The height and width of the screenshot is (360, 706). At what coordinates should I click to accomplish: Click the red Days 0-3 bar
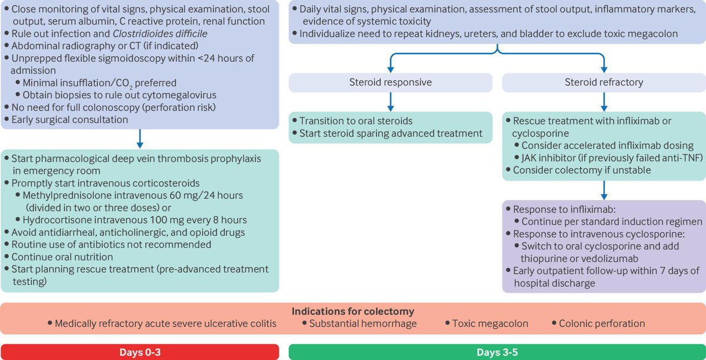coord(139,352)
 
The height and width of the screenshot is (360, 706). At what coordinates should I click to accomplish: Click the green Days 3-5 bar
coord(497,352)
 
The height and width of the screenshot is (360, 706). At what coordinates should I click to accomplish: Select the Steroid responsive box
coord(391,82)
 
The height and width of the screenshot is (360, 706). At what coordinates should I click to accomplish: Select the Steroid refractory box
coord(604,82)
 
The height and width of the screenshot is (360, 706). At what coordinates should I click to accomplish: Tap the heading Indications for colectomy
coord(352,311)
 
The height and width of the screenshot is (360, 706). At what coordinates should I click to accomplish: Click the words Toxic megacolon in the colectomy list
coord(490,324)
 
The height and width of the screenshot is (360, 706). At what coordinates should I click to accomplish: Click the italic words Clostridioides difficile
coord(160,34)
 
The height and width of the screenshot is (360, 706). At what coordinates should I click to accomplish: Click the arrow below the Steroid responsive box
coord(391,102)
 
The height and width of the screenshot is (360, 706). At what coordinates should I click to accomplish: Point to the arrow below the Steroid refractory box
coord(604,102)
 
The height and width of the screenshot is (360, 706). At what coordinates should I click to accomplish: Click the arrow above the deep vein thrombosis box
coord(140,139)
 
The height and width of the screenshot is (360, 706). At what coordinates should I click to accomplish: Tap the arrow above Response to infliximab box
coord(604,190)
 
